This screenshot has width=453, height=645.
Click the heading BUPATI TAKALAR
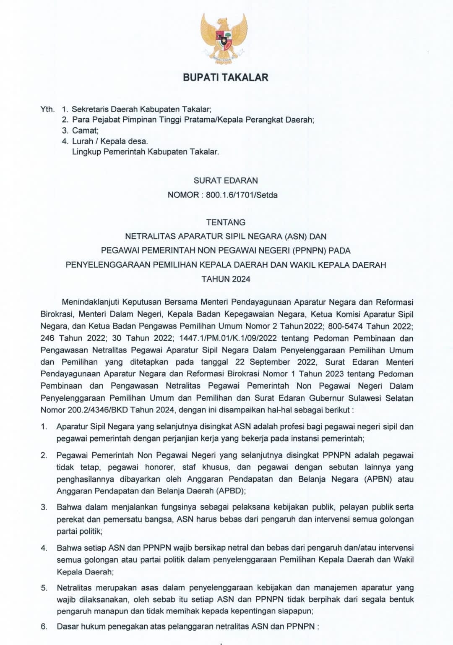[x=226, y=78]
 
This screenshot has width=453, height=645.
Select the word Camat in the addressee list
[x=85, y=131]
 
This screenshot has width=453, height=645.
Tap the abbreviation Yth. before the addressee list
[x=47, y=109]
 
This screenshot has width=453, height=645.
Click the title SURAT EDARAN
[x=226, y=181]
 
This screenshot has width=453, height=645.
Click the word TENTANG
[x=226, y=222]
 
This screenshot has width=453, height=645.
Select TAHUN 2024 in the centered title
[x=226, y=279]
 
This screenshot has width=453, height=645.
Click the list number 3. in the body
[x=44, y=507]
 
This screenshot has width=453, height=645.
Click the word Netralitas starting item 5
[x=75, y=588]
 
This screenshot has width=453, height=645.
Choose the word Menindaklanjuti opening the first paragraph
[x=89, y=302]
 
